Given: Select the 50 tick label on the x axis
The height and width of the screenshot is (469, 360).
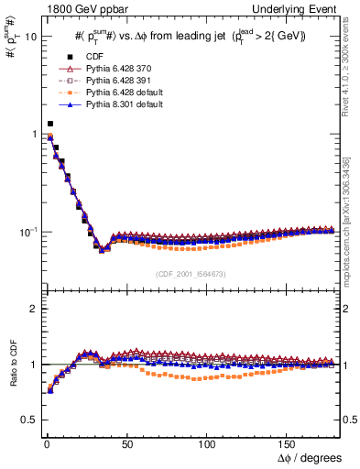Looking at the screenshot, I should pyautogui.click(x=125, y=442).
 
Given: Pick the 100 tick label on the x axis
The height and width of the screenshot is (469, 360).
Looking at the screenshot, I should pyautogui.click(x=207, y=442).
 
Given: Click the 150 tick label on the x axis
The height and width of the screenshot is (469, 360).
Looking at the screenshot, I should pyautogui.click(x=288, y=442).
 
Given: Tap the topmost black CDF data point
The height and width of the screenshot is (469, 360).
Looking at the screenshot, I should pyautogui.click(x=50, y=124).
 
